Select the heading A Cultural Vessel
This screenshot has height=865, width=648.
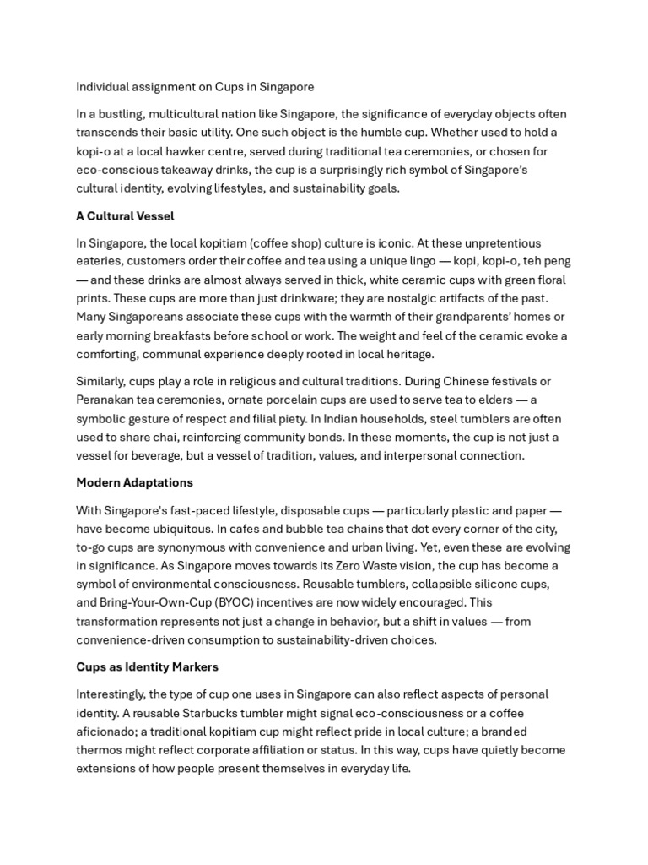125,216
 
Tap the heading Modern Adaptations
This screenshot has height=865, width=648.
134,482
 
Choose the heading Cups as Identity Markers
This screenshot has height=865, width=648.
147,666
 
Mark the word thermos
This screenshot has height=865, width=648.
99,750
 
